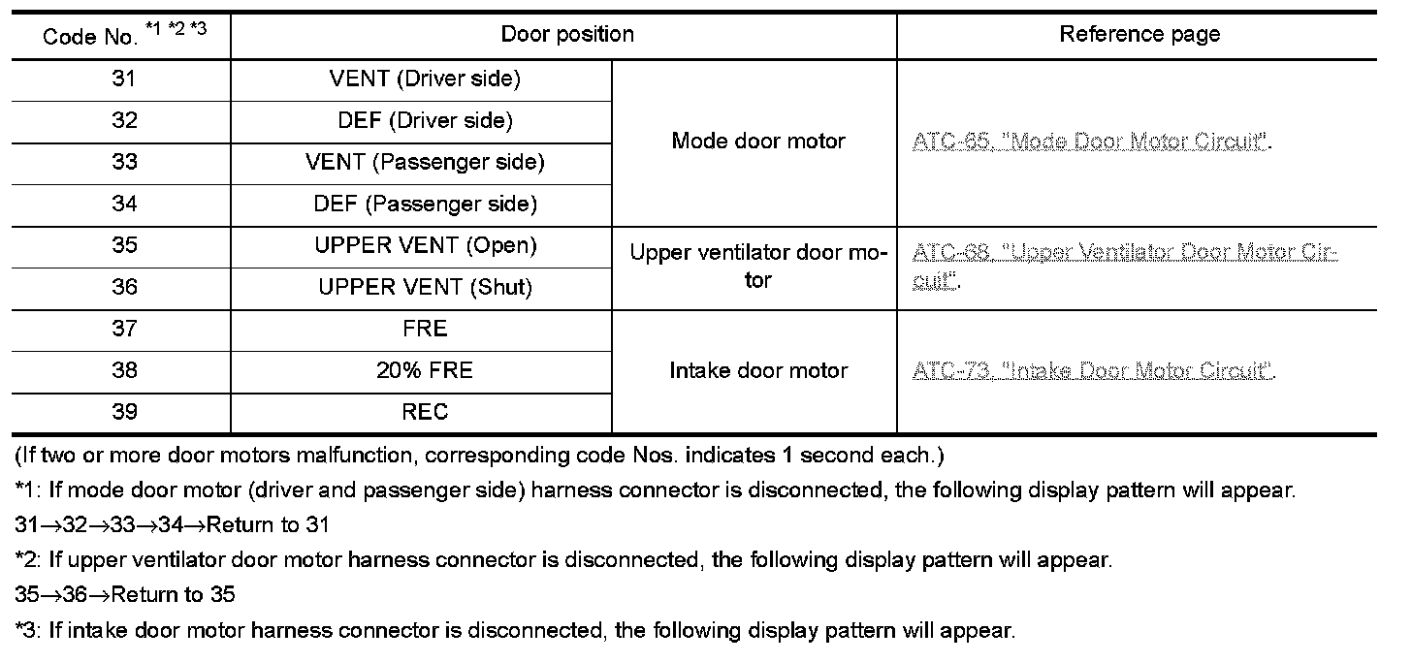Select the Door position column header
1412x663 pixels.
click(x=567, y=35)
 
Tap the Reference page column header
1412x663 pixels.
click(x=1139, y=35)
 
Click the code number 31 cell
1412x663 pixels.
click(x=124, y=79)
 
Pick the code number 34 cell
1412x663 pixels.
click(x=124, y=205)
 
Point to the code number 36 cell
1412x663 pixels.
click(x=124, y=288)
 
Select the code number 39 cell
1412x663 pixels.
click(x=124, y=412)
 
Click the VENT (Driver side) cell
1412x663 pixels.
click(x=425, y=79)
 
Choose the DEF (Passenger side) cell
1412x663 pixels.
click(x=425, y=205)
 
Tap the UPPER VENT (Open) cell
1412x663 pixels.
click(x=425, y=246)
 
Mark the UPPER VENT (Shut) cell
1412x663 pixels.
click(x=425, y=288)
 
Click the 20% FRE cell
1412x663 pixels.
click(x=425, y=370)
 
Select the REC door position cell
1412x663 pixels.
click(x=425, y=412)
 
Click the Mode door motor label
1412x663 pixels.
click(x=758, y=142)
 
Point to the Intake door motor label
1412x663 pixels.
click(x=758, y=370)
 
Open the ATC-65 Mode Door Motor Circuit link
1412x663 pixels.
click(x=1090, y=142)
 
